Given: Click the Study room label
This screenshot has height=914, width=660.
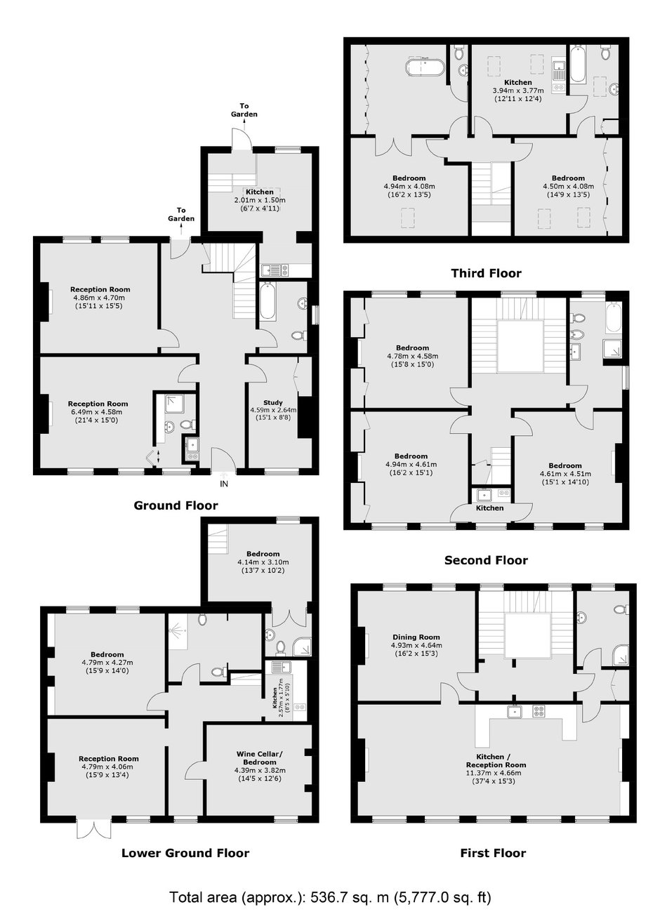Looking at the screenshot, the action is coord(273,402).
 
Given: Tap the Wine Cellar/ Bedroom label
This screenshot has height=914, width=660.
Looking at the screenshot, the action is coord(260,757).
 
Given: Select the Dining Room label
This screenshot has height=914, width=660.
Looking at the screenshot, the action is coord(416,637).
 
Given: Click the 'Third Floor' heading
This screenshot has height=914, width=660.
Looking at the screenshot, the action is coord(486,273).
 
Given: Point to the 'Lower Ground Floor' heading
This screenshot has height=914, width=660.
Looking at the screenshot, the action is coord(185,853).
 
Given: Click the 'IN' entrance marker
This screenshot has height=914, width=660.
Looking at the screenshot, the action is coord(224,484).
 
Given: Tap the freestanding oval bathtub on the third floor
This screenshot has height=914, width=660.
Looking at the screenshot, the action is coord(424,67).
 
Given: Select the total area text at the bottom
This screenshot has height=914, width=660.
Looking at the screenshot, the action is coord(330,894).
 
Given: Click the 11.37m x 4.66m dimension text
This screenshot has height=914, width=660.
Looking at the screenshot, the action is coord(496,773).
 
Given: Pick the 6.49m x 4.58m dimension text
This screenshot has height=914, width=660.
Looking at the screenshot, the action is coord(98,411).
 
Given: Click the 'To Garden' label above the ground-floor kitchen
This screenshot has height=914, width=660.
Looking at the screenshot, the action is coord(244,110).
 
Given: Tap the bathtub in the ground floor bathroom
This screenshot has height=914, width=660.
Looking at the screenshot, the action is coord(268,300).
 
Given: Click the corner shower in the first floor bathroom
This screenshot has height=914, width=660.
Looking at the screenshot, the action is coord(621,655).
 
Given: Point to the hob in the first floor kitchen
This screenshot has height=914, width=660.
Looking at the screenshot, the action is coord(539,712).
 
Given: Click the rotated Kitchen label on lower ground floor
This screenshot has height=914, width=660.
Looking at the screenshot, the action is coord(275,697).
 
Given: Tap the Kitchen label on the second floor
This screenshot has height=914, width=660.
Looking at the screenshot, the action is coord(490,508).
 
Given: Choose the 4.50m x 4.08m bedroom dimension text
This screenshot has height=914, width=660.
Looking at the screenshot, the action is coord(568,187).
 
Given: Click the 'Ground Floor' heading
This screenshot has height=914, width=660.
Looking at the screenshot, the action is coord(176,505).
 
